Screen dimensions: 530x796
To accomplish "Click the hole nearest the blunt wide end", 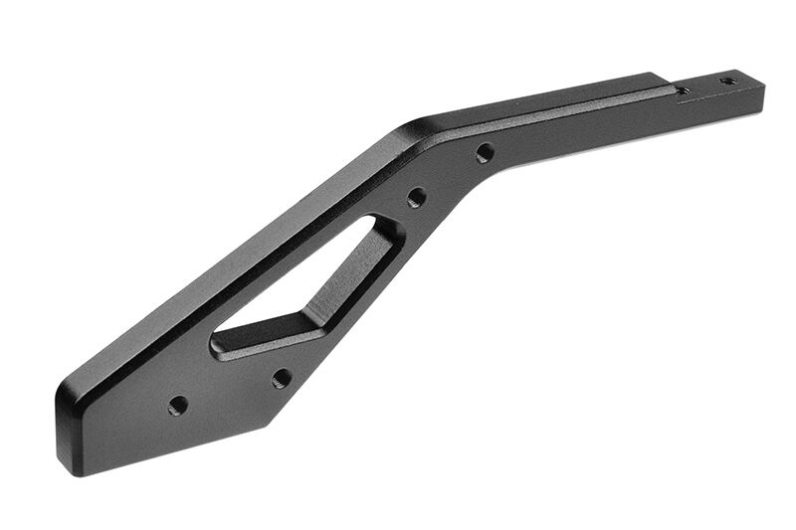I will click(178, 405).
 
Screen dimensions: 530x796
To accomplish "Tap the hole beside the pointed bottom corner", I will click(282, 378).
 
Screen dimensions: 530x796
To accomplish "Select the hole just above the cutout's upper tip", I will click(416, 197).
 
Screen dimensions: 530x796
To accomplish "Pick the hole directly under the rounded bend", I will click(485, 153).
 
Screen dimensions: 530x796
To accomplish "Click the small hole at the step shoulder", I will click(683, 90).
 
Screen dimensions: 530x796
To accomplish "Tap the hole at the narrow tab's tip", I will click(728, 80).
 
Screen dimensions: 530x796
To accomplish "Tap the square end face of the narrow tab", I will click(761, 95).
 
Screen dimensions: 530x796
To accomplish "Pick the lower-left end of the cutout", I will click(216, 343).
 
